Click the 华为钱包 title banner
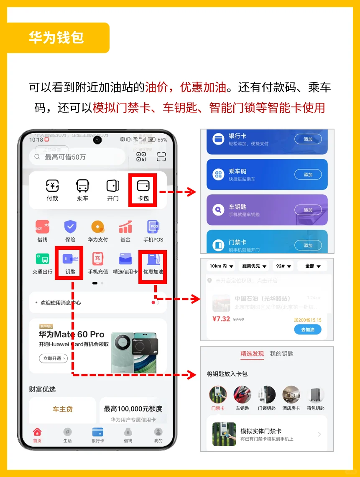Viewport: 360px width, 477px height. point(56,38)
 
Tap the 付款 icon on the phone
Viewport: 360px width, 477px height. point(52,185)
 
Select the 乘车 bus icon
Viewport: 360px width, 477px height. point(82,185)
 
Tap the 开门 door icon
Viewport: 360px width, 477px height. point(113,185)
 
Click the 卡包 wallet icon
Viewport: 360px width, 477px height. point(143,185)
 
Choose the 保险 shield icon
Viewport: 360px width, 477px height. point(70,227)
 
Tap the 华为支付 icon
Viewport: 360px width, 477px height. point(98,227)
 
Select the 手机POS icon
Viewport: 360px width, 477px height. point(153,227)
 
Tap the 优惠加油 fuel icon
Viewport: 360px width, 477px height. point(153,259)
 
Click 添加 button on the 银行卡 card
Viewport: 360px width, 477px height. point(308,139)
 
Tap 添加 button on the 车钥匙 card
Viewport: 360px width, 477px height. point(308,210)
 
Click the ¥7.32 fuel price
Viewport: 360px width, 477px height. point(221,319)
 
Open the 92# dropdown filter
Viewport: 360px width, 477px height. point(283,266)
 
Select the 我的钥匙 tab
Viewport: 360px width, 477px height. point(281,354)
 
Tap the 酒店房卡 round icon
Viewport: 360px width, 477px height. point(291,395)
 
